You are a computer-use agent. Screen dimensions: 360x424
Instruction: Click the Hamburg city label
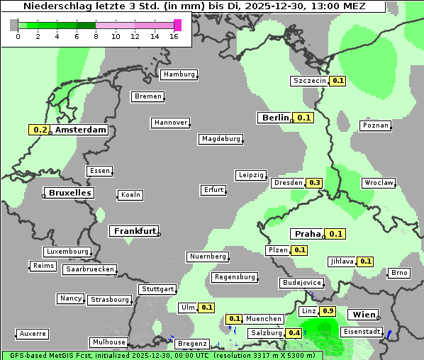[178, 74]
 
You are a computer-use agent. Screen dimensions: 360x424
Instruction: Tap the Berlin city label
[274, 118]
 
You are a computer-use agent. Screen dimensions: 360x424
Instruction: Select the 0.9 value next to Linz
[328, 311]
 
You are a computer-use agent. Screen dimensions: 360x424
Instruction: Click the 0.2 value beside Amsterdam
[40, 130]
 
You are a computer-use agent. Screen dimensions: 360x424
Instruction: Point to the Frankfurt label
[134, 231]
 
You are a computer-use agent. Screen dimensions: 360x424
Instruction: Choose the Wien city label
[364, 315]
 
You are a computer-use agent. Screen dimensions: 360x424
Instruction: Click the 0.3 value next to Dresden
[315, 183]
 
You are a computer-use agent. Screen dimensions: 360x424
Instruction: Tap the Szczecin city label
[310, 81]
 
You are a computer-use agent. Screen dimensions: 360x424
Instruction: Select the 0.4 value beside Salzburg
[294, 333]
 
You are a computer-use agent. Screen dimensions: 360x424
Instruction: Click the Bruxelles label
[69, 193]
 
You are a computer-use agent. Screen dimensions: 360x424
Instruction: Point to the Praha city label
[308, 234]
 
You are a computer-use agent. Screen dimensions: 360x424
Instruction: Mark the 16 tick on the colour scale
[174, 36]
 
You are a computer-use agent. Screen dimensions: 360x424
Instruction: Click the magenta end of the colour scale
[177, 25]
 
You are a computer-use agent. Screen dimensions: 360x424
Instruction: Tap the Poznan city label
[376, 125]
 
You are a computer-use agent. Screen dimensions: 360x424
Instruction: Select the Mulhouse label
[108, 342]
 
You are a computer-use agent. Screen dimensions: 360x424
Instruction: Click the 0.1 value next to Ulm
[206, 308]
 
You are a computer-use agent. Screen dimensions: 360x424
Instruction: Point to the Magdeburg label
[221, 139]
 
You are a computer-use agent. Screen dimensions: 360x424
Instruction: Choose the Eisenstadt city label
[362, 332]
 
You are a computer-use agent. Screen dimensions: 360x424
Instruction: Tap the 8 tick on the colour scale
[96, 36]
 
